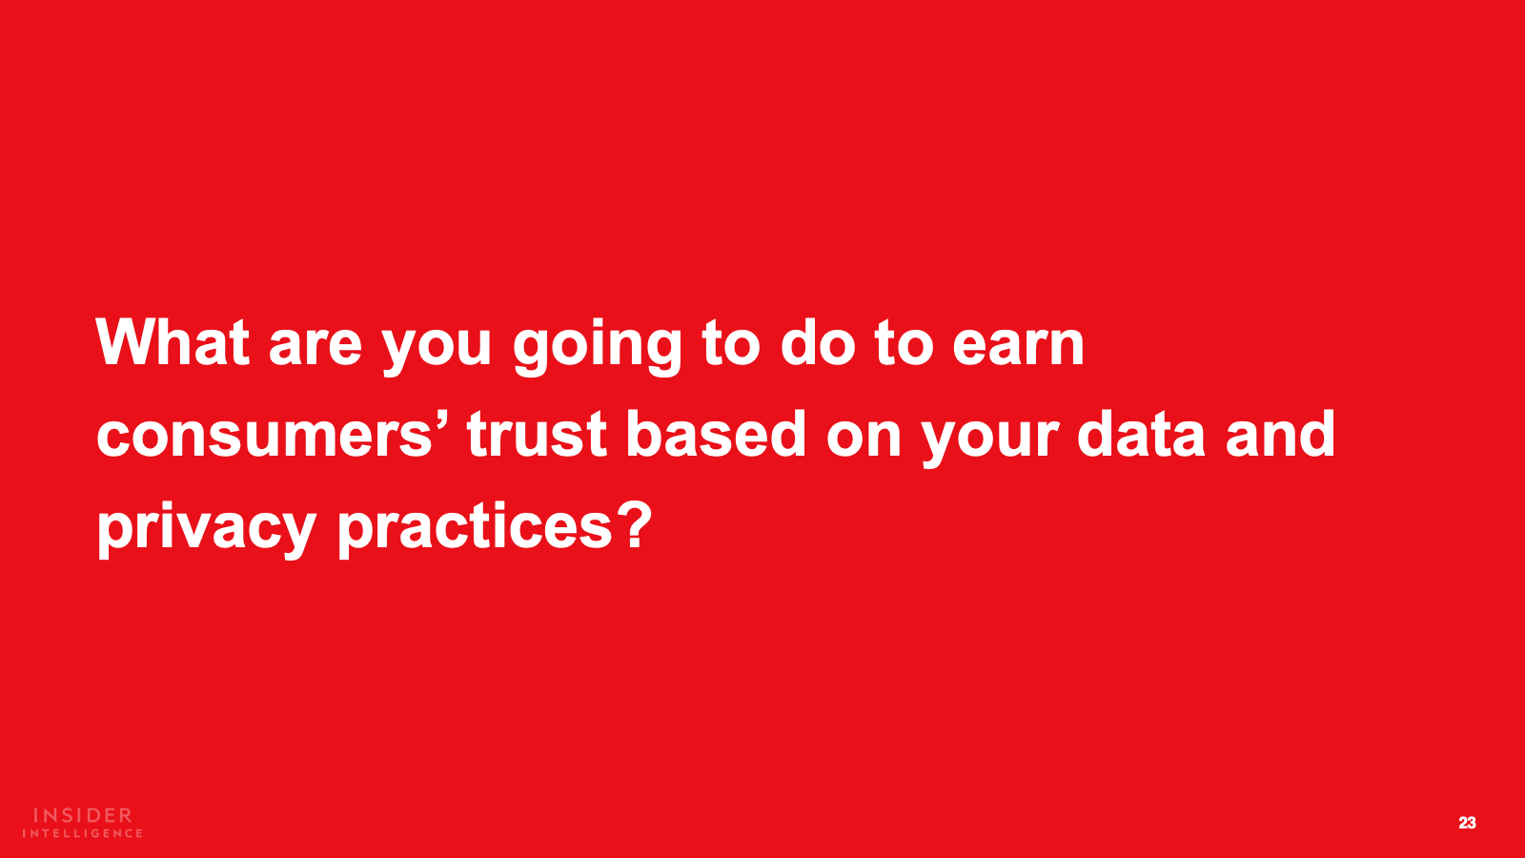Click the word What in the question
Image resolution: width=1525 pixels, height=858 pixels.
(173, 342)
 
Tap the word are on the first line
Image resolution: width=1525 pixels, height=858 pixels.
(315, 348)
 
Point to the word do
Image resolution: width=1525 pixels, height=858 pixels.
(818, 342)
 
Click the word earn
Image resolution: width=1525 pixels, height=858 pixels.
(1018, 348)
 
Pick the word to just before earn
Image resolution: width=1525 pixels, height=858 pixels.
(905, 344)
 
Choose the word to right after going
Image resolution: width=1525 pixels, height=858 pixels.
(731, 344)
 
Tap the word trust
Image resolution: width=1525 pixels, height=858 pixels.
(537, 435)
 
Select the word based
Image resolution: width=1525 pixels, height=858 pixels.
(716, 433)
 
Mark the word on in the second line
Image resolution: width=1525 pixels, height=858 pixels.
(864, 439)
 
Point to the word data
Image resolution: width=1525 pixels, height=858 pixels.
(1142, 433)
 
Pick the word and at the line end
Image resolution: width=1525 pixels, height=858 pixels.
(1281, 433)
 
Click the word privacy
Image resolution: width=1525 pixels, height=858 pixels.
(207, 530)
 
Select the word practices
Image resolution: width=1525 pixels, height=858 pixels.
(476, 530)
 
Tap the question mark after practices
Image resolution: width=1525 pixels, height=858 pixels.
(635, 524)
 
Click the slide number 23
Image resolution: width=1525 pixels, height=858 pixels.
(1467, 823)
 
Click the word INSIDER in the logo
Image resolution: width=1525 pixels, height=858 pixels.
(83, 815)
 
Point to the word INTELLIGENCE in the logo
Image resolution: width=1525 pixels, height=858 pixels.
(82, 833)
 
